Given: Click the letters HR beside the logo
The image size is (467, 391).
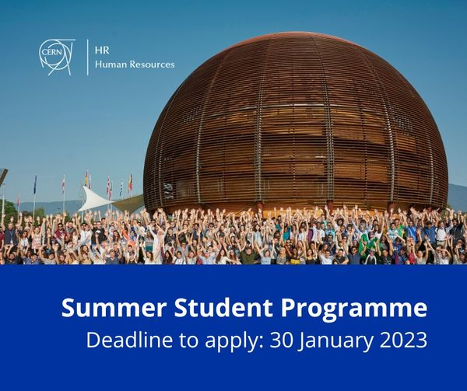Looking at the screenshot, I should [x=101, y=48].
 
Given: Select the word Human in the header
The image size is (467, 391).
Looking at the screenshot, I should [x=110, y=64].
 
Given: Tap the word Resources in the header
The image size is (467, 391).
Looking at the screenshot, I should [x=152, y=64].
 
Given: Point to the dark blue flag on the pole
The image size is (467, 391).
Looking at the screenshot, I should [x=35, y=185].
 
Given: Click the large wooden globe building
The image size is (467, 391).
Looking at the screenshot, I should [x=296, y=124].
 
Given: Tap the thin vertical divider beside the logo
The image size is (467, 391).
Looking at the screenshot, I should [x=87, y=56].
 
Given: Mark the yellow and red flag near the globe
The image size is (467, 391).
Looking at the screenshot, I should [x=131, y=183].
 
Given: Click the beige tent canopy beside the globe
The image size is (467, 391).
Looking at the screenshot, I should [x=129, y=203].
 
